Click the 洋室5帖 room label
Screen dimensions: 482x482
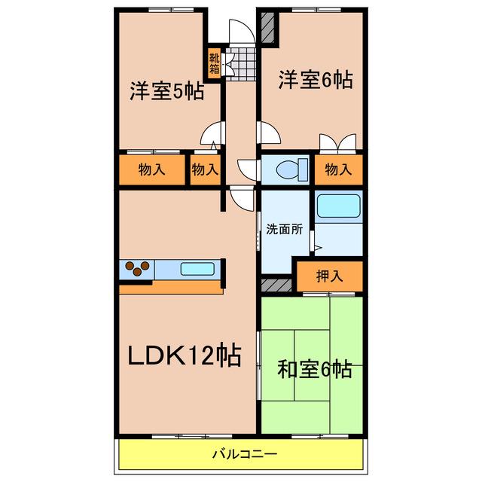(167, 90)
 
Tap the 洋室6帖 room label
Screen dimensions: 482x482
(316, 80)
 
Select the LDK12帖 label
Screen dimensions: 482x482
(184, 355)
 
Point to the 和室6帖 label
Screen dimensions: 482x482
(315, 369)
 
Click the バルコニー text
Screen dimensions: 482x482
(245, 453)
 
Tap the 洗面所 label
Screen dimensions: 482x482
(285, 229)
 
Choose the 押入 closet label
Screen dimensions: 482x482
(330, 276)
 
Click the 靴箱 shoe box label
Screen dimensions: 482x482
(214, 63)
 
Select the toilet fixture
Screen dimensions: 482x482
(292, 170)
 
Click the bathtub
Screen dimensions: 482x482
(338, 206)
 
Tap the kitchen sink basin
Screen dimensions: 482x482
(197, 269)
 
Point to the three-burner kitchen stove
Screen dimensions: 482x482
(137, 269)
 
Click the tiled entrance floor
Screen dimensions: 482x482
(241, 64)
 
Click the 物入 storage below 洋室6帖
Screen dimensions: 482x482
(338, 169)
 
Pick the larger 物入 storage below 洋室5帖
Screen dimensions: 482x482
(152, 169)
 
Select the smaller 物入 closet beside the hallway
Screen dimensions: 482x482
(206, 169)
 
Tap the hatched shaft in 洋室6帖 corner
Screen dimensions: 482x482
(267, 28)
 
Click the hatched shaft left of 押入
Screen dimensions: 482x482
(276, 285)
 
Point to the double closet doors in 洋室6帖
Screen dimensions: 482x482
(338, 144)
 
